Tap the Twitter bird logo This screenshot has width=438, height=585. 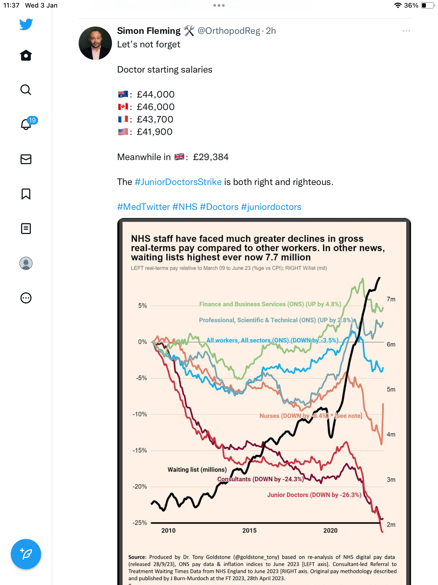[x=26, y=24]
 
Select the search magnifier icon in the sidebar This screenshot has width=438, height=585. [x=26, y=90]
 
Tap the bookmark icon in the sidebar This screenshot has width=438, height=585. [x=26, y=194]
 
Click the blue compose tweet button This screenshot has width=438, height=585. [x=26, y=554]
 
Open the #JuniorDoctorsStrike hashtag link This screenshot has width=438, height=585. [x=178, y=182]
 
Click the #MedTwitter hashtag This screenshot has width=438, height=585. [x=144, y=207]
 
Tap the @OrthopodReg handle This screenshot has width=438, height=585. [x=229, y=31]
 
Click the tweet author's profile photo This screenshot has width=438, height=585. [x=95, y=43]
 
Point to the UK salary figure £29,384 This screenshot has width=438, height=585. [x=211, y=157]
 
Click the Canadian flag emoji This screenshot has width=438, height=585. [x=123, y=107]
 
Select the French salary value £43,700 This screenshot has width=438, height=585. [x=155, y=119]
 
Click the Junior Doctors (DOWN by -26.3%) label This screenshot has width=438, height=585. [x=314, y=495]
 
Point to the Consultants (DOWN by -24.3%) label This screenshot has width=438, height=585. [x=260, y=479]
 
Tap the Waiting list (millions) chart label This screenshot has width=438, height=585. [x=197, y=470]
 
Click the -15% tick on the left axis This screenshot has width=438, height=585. [x=140, y=450]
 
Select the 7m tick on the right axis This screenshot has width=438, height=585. [x=391, y=299]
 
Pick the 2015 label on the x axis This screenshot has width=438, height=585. [x=249, y=531]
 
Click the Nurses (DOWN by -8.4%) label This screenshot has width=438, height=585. [x=294, y=416]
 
